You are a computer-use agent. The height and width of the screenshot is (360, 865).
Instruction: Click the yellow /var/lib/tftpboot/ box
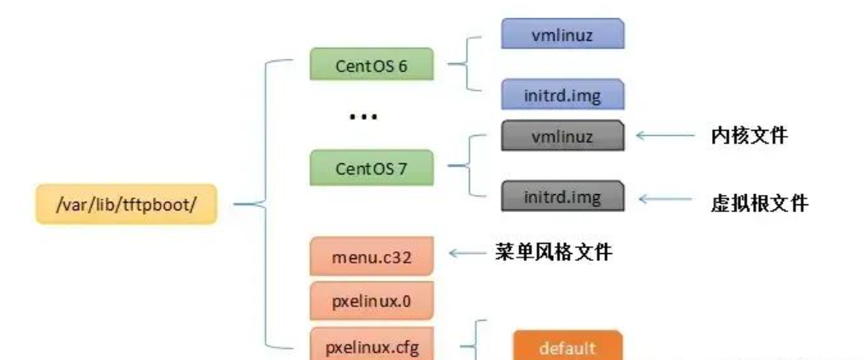click(126, 204)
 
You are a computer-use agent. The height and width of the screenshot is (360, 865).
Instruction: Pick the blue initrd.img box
click(562, 95)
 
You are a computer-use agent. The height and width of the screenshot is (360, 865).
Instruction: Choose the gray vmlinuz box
click(562, 135)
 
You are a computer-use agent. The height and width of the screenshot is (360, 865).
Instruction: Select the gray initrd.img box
click(562, 198)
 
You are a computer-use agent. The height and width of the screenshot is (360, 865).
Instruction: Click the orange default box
click(568, 347)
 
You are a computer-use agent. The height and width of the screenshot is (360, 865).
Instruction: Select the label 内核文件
click(748, 135)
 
